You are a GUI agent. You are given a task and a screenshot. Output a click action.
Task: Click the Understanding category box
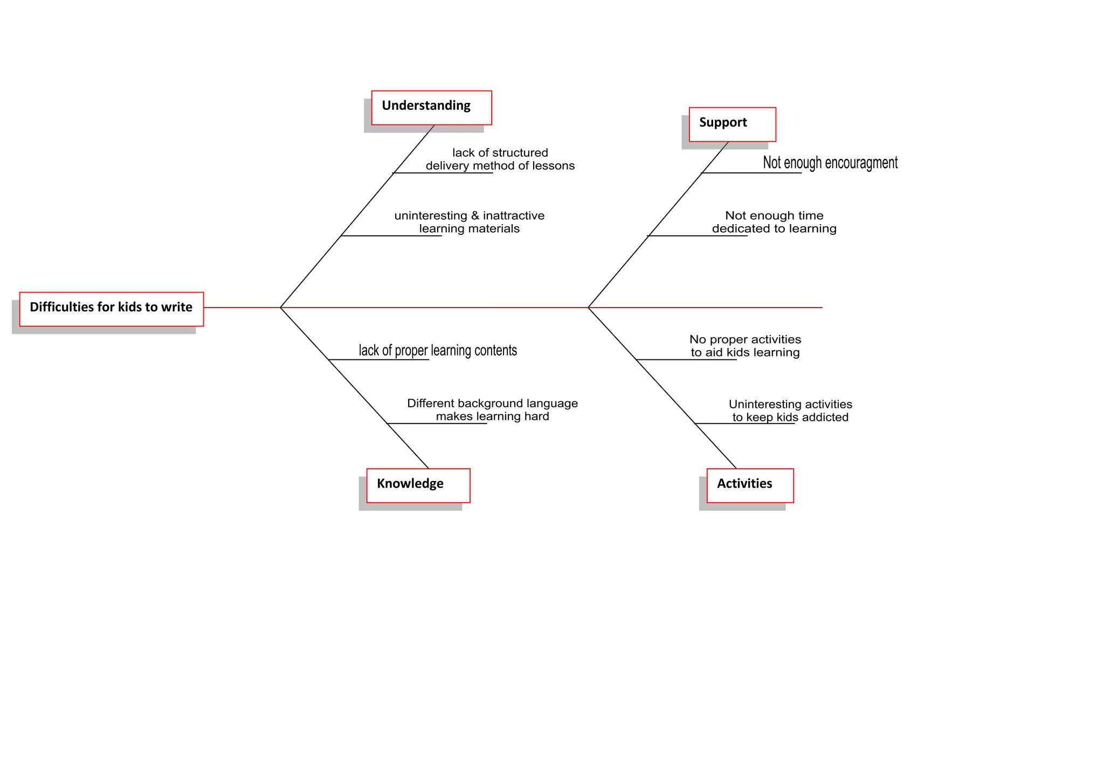[431, 107]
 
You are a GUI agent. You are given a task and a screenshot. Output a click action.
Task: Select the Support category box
[732, 124]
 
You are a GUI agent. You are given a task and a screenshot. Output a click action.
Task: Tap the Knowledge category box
[418, 485]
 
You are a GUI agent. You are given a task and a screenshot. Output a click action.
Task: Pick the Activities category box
[750, 485]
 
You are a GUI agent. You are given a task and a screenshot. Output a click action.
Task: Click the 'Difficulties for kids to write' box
[112, 309]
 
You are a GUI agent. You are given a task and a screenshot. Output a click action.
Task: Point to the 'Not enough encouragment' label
[830, 163]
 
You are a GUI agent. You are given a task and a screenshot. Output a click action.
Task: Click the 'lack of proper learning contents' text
[438, 351]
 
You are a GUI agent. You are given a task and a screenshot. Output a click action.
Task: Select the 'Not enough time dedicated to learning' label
[774, 222]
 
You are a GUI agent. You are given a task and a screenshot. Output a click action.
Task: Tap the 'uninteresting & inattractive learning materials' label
[469, 222]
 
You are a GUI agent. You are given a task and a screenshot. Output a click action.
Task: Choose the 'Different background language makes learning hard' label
[492, 410]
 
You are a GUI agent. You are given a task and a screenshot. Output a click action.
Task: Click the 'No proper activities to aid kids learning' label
[745, 346]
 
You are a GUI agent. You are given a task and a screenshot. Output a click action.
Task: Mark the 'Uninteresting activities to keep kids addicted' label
[790, 410]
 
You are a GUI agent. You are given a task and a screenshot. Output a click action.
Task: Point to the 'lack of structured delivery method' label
[500, 159]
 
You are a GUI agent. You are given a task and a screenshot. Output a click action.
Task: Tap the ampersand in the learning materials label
[475, 215]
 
